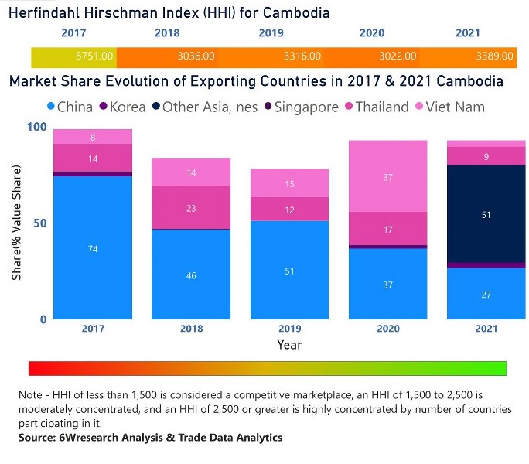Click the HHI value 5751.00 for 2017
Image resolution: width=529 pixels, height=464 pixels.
(95, 56)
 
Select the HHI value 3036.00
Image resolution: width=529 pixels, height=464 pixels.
(196, 56)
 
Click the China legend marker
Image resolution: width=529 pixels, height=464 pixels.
(50, 107)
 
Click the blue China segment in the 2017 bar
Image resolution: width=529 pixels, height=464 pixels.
(93, 248)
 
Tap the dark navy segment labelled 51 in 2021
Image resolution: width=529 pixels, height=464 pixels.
(485, 214)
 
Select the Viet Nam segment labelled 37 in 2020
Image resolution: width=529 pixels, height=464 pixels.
(387, 176)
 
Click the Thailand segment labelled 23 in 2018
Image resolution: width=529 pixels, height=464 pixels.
(190, 207)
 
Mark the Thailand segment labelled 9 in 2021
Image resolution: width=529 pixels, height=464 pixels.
(485, 156)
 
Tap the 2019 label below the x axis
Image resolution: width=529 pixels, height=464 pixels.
(289, 329)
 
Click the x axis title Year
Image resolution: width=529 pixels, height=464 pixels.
(289, 345)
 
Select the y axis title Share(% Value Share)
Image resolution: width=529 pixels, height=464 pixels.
(15, 223)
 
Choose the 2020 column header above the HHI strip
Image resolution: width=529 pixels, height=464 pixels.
(372, 33)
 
